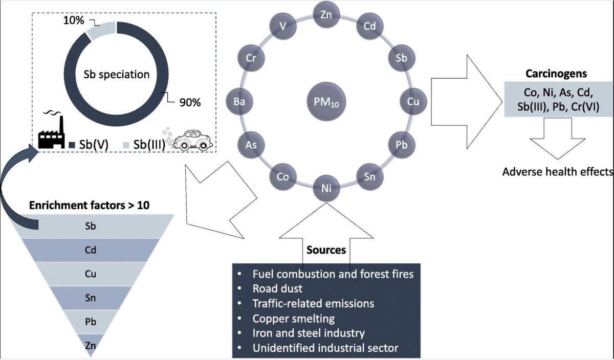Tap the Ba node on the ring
(239, 101)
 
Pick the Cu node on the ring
(413, 101)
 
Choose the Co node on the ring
(282, 177)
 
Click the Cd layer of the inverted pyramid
(91, 251)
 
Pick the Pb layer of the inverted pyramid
(91, 322)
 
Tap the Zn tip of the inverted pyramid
(91, 345)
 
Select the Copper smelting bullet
(293, 319)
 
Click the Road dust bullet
(277, 288)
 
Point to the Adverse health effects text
(558, 171)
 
